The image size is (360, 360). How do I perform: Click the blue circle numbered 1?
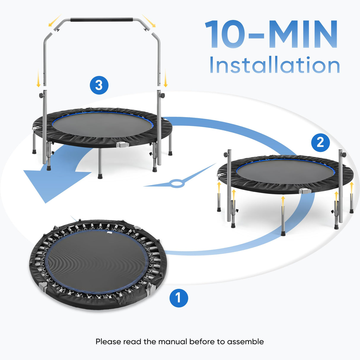point(179,298)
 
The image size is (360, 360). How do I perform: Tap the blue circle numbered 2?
point(320,142)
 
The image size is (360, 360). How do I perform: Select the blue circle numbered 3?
point(99,85)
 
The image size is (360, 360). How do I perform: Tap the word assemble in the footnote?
point(245,342)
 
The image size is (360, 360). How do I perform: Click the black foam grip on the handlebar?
point(101,20)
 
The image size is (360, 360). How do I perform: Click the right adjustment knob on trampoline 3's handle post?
point(163,96)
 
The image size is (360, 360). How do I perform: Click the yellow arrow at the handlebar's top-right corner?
point(149,20)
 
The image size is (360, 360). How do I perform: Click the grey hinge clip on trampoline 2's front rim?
point(305,191)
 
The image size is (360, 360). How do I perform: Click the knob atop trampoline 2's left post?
point(226,154)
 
